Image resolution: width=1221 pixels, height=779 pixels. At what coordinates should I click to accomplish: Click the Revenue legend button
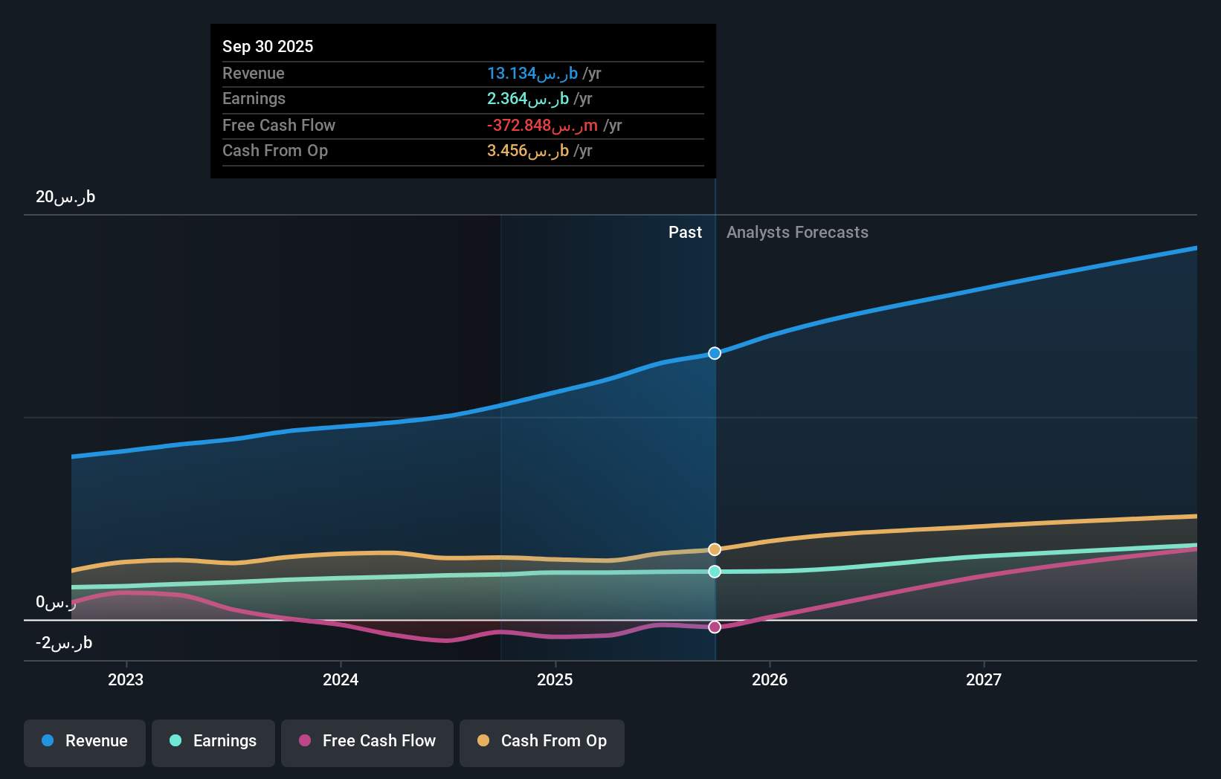coord(85,742)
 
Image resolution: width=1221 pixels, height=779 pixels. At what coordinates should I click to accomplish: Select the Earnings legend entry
coord(213,742)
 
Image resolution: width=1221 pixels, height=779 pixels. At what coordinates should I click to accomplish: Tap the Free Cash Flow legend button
coord(367,742)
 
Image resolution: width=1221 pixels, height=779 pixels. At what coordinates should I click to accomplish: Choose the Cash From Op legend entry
coord(542,742)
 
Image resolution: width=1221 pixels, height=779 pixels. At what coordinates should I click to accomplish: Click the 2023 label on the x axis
coord(126,679)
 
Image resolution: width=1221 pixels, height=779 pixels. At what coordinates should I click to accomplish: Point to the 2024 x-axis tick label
coord(341,679)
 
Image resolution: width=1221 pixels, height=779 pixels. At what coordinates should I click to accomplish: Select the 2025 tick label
coord(555,679)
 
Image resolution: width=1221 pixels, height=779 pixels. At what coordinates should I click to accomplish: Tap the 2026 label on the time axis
coord(770,679)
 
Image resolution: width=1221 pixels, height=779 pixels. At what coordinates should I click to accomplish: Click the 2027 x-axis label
coord(984,679)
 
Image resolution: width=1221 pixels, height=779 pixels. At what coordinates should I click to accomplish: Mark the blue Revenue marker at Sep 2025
coord(715,353)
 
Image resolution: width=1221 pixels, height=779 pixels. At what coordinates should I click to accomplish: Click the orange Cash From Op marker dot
coord(715,549)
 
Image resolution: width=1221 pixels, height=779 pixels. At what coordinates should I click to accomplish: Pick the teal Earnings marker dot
coord(715,572)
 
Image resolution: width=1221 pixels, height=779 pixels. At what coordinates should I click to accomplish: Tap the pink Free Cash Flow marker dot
coord(715,627)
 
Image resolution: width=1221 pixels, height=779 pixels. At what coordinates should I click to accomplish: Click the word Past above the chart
coord(685,233)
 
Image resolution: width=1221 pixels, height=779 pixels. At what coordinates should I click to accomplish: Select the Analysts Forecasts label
coord(797,233)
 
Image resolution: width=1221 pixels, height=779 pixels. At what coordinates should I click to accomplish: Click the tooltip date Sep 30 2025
coord(268,46)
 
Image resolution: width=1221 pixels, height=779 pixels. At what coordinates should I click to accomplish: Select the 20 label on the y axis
coord(65,197)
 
